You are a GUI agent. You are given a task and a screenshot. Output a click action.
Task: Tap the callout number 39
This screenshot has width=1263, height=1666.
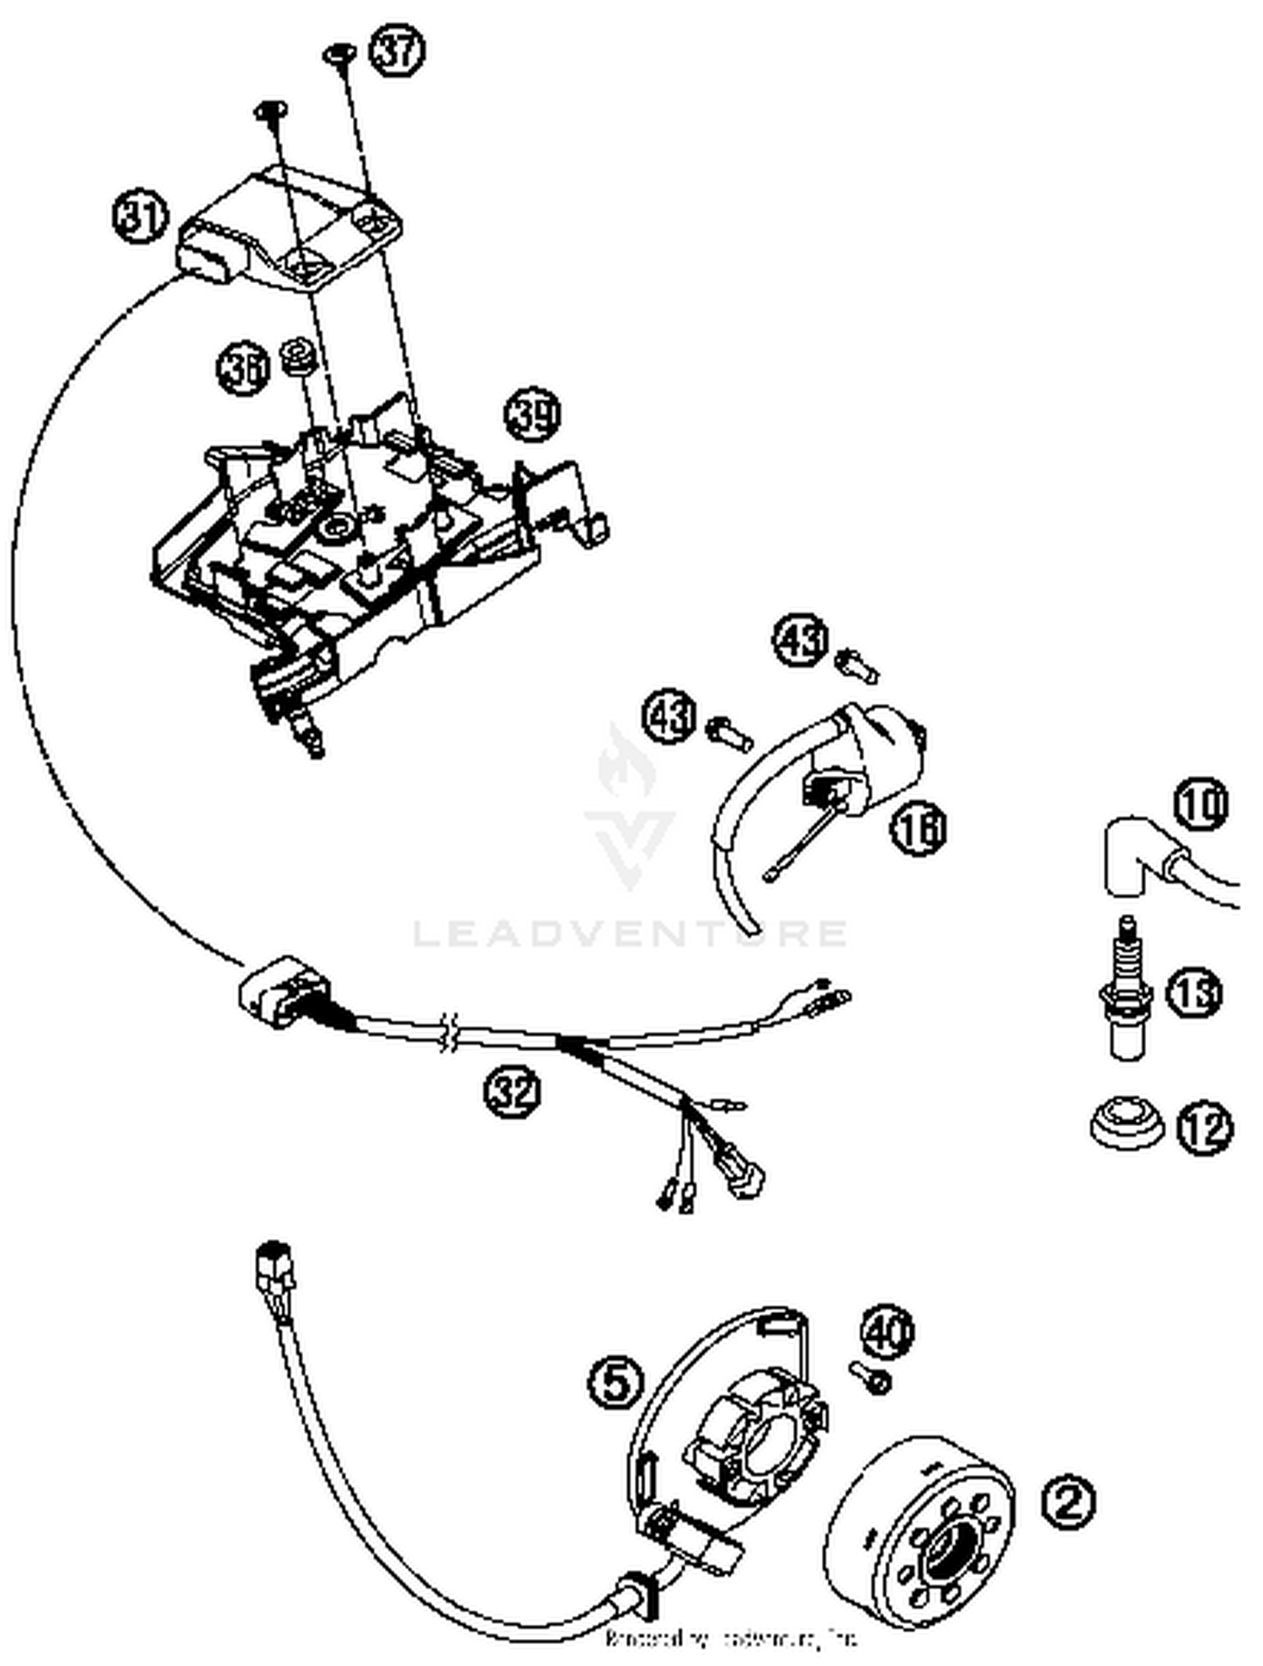[x=533, y=415]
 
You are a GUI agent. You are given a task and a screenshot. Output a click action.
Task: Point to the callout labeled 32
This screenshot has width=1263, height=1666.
[x=513, y=1092]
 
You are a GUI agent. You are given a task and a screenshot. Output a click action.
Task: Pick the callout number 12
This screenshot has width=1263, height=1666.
[x=1205, y=1129]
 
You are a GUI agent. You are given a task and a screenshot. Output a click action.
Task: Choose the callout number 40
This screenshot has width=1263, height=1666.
[x=887, y=1333]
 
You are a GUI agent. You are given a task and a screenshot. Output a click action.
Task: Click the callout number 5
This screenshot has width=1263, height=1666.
[x=616, y=1381]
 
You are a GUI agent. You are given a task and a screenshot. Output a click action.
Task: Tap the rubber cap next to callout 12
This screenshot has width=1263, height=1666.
[x=1125, y=1124]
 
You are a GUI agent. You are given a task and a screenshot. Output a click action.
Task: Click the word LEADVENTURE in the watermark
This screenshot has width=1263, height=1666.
[x=629, y=933]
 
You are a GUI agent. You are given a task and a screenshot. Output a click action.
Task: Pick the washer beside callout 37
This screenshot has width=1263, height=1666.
[x=339, y=54]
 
